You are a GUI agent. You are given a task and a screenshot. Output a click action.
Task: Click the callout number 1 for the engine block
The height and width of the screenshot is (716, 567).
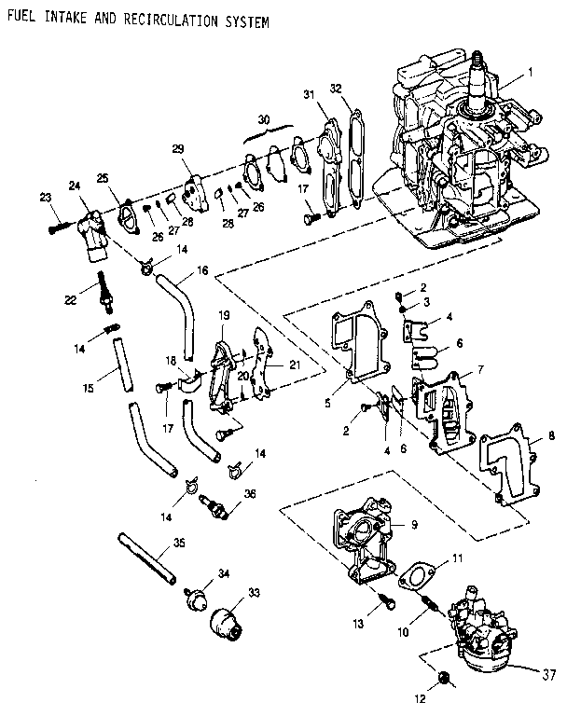pyautogui.click(x=531, y=72)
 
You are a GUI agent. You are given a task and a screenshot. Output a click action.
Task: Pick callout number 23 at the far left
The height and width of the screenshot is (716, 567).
pyautogui.click(x=45, y=196)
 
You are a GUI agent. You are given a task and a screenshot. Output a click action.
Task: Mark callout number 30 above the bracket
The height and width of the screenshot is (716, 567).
pyautogui.click(x=265, y=120)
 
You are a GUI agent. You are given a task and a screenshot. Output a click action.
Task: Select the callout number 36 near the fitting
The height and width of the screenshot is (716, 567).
pyautogui.click(x=249, y=493)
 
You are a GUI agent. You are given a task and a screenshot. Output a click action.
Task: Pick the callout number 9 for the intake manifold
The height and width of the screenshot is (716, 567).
pyautogui.click(x=413, y=524)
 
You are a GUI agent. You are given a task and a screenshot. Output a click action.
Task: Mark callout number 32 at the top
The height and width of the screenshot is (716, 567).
pyautogui.click(x=336, y=89)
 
